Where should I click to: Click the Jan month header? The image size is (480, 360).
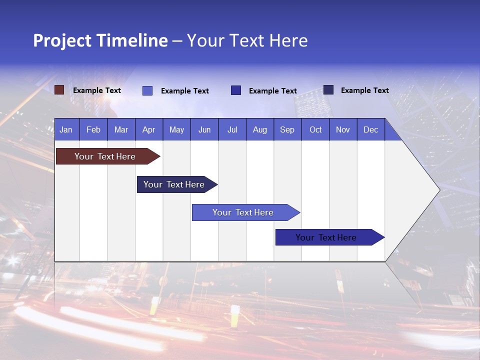pyautogui.click(x=66, y=129)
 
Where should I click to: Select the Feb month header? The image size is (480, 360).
pyautogui.click(x=93, y=129)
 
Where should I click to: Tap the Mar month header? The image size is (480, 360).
pyautogui.click(x=121, y=129)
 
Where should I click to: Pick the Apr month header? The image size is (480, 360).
pyautogui.click(x=148, y=129)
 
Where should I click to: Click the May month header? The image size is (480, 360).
pyautogui.click(x=176, y=129)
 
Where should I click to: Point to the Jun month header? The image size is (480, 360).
pyautogui.click(x=204, y=129)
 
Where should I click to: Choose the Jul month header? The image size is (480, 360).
pyautogui.click(x=232, y=129)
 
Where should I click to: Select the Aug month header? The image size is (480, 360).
pyautogui.click(x=259, y=129)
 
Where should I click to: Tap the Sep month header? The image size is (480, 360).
pyautogui.click(x=287, y=129)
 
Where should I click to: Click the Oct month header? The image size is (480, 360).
pyautogui.click(x=315, y=129)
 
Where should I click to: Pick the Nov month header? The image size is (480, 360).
pyautogui.click(x=342, y=129)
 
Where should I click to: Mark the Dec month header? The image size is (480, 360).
pyautogui.click(x=370, y=129)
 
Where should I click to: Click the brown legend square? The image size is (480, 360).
pyautogui.click(x=59, y=90)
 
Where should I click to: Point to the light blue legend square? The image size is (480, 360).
pyautogui.click(x=147, y=90)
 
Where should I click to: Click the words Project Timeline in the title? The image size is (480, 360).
pyautogui.click(x=100, y=40)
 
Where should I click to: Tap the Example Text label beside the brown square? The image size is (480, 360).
pyautogui.click(x=97, y=90)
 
